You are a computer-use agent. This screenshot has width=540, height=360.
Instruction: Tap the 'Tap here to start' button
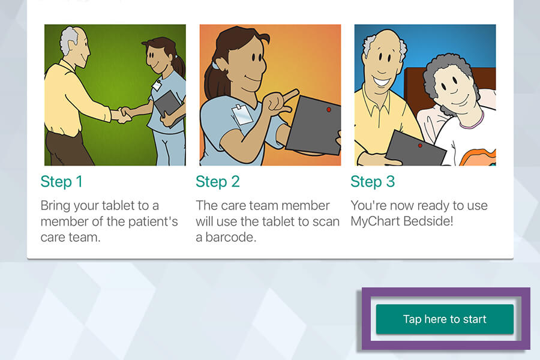tap(445, 319)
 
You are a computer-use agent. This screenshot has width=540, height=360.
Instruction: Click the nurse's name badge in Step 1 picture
tap(157, 85)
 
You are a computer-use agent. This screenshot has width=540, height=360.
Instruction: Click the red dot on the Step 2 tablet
tap(329, 110)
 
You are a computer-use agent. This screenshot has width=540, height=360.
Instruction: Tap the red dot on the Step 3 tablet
tap(419, 145)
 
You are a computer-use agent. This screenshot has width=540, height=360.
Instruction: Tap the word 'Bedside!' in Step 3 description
tap(430, 221)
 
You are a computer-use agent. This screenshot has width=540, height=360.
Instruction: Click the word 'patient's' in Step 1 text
tap(151, 221)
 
